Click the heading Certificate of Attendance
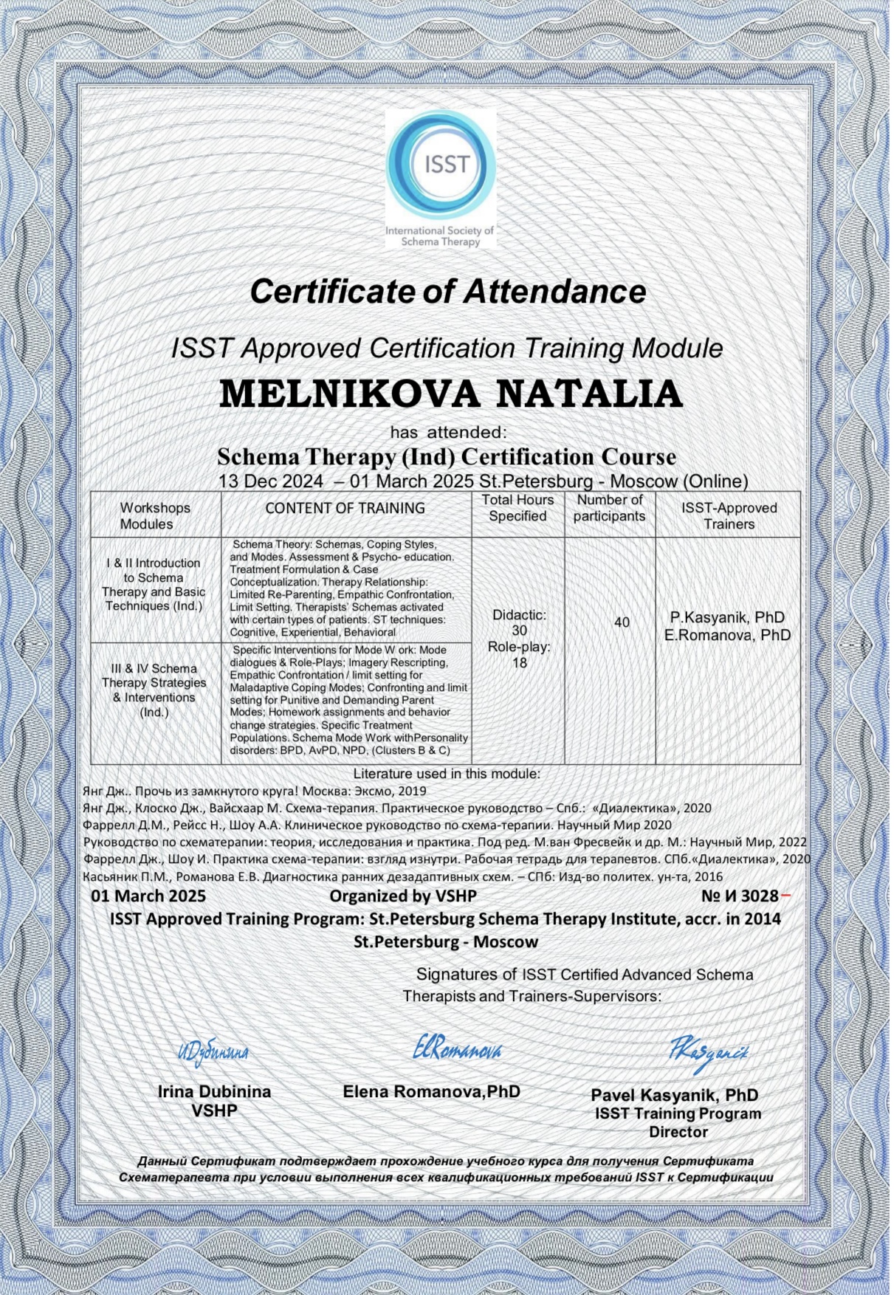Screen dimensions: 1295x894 click(x=447, y=291)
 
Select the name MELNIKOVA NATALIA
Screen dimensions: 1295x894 click(x=450, y=394)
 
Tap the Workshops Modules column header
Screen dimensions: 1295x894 click(x=156, y=516)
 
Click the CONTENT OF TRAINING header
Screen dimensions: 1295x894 click(x=345, y=508)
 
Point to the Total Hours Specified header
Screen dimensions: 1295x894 click(x=518, y=508)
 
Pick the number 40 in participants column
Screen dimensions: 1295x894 click(x=622, y=622)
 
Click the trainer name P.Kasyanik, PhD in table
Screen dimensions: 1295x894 click(x=727, y=617)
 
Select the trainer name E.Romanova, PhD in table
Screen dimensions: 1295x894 click(x=727, y=635)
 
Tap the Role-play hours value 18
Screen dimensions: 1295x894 click(x=519, y=662)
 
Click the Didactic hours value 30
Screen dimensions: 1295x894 click(x=519, y=630)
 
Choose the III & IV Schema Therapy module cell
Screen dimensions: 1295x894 click(x=154, y=690)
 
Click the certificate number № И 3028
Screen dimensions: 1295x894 click(x=740, y=896)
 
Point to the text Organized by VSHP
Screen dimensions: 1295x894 click(x=403, y=896)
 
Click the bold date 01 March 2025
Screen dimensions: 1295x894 click(x=148, y=896)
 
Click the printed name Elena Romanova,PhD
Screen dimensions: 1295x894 click(x=431, y=1091)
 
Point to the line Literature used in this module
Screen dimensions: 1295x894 click(x=447, y=774)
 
